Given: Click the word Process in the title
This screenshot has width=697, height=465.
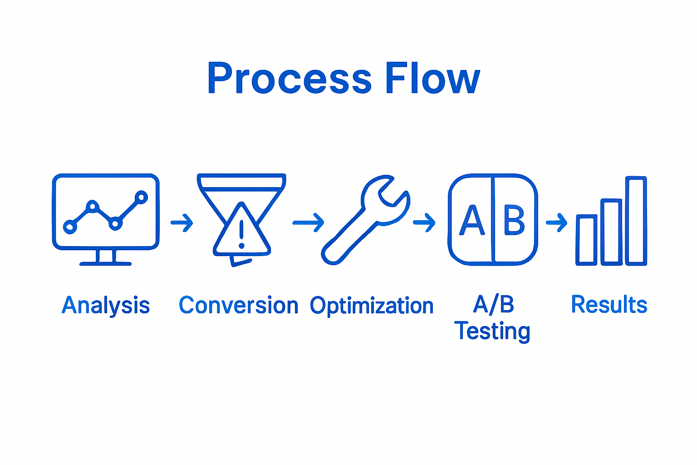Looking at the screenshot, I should coord(290,78).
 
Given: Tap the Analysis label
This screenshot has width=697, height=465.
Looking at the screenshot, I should coord(106,306).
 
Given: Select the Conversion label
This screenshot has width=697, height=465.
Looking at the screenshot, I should coord(238,306).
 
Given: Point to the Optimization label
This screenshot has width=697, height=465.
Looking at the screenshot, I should coord(372,306).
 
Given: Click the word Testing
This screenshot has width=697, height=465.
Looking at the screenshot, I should coord(492,331).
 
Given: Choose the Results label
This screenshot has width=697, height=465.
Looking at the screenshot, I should coord(609,305).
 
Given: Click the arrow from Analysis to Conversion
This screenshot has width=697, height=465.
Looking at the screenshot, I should coord(182,223).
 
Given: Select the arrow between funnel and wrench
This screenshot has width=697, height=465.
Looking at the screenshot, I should coord(308,223).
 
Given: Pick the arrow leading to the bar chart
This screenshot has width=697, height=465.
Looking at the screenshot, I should coord(556,223).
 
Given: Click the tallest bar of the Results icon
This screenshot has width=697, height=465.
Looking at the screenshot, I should coord(636,221).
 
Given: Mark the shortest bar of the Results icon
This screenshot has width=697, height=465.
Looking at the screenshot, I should coord(586,240).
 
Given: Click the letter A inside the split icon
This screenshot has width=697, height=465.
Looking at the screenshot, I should coord(472,221).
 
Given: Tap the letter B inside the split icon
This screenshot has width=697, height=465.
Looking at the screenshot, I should coord(514,221).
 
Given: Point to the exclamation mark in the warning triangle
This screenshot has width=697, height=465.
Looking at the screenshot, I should coord(241,233).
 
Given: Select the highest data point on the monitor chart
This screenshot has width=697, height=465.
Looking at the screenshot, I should coord(142,197).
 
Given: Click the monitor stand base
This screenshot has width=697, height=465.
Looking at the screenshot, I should coord(105,263).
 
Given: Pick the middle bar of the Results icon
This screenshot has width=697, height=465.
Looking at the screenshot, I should coord(611,232).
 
